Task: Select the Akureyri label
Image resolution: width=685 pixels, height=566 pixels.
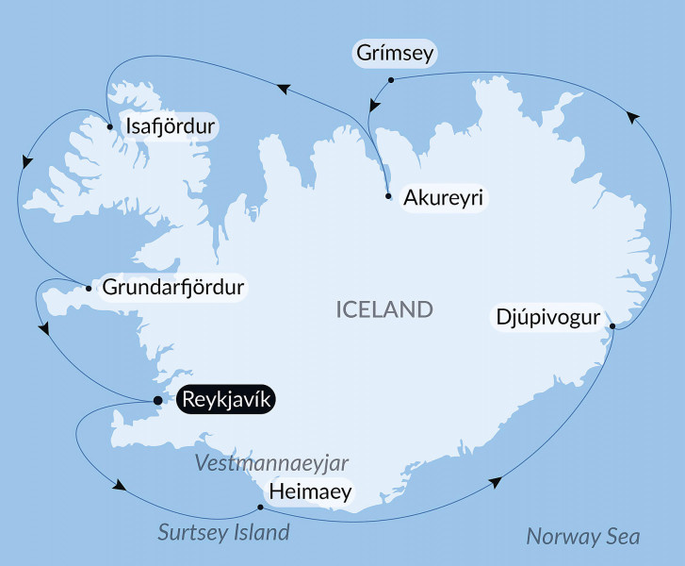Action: (x=443, y=198)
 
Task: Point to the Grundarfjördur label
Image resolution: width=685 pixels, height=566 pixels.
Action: (x=172, y=287)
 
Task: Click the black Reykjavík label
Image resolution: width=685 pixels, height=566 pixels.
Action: (x=226, y=401)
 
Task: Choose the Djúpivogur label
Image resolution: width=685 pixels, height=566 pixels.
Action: (x=547, y=317)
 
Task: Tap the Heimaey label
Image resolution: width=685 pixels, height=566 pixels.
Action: (x=310, y=491)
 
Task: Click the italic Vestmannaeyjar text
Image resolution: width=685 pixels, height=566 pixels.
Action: (x=271, y=462)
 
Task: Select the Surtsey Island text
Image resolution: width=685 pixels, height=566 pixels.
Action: (x=223, y=533)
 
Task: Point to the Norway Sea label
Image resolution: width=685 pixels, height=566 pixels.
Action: (x=582, y=537)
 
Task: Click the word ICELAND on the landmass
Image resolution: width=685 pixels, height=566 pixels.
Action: (x=384, y=309)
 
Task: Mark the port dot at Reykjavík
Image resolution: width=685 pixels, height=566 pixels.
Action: (x=157, y=401)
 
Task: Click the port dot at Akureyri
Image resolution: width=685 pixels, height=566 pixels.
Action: (x=388, y=196)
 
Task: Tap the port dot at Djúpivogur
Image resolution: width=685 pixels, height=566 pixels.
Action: (x=613, y=326)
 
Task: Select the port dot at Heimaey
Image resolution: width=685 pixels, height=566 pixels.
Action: (x=260, y=508)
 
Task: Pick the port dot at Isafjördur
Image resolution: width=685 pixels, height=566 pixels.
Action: (x=110, y=126)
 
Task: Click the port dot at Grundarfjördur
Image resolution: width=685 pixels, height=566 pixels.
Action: (x=88, y=288)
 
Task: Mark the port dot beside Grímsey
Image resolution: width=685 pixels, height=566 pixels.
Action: (x=390, y=80)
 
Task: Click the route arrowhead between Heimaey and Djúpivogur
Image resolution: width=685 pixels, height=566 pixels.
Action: (x=496, y=482)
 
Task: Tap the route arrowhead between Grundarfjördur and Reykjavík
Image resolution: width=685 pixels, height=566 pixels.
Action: (x=43, y=328)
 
